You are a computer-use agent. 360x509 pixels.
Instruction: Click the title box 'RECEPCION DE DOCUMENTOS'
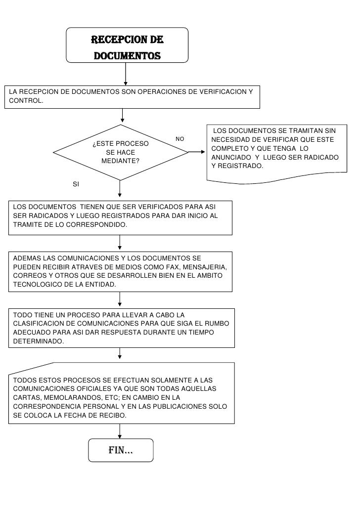click(x=127, y=45)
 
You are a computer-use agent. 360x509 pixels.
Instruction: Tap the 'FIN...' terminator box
click(x=121, y=450)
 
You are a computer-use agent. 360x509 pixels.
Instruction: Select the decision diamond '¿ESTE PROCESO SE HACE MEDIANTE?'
click(x=120, y=152)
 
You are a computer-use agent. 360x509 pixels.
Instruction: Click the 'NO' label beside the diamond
click(x=180, y=139)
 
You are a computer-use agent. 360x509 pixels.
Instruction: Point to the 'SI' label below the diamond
click(x=76, y=184)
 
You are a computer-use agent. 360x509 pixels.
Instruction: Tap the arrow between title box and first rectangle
click(x=126, y=74)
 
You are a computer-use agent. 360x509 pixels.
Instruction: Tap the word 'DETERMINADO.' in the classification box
click(x=38, y=341)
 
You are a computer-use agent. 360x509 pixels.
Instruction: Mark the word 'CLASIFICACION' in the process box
click(x=38, y=323)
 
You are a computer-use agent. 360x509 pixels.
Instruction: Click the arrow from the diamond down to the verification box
click(x=120, y=190)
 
